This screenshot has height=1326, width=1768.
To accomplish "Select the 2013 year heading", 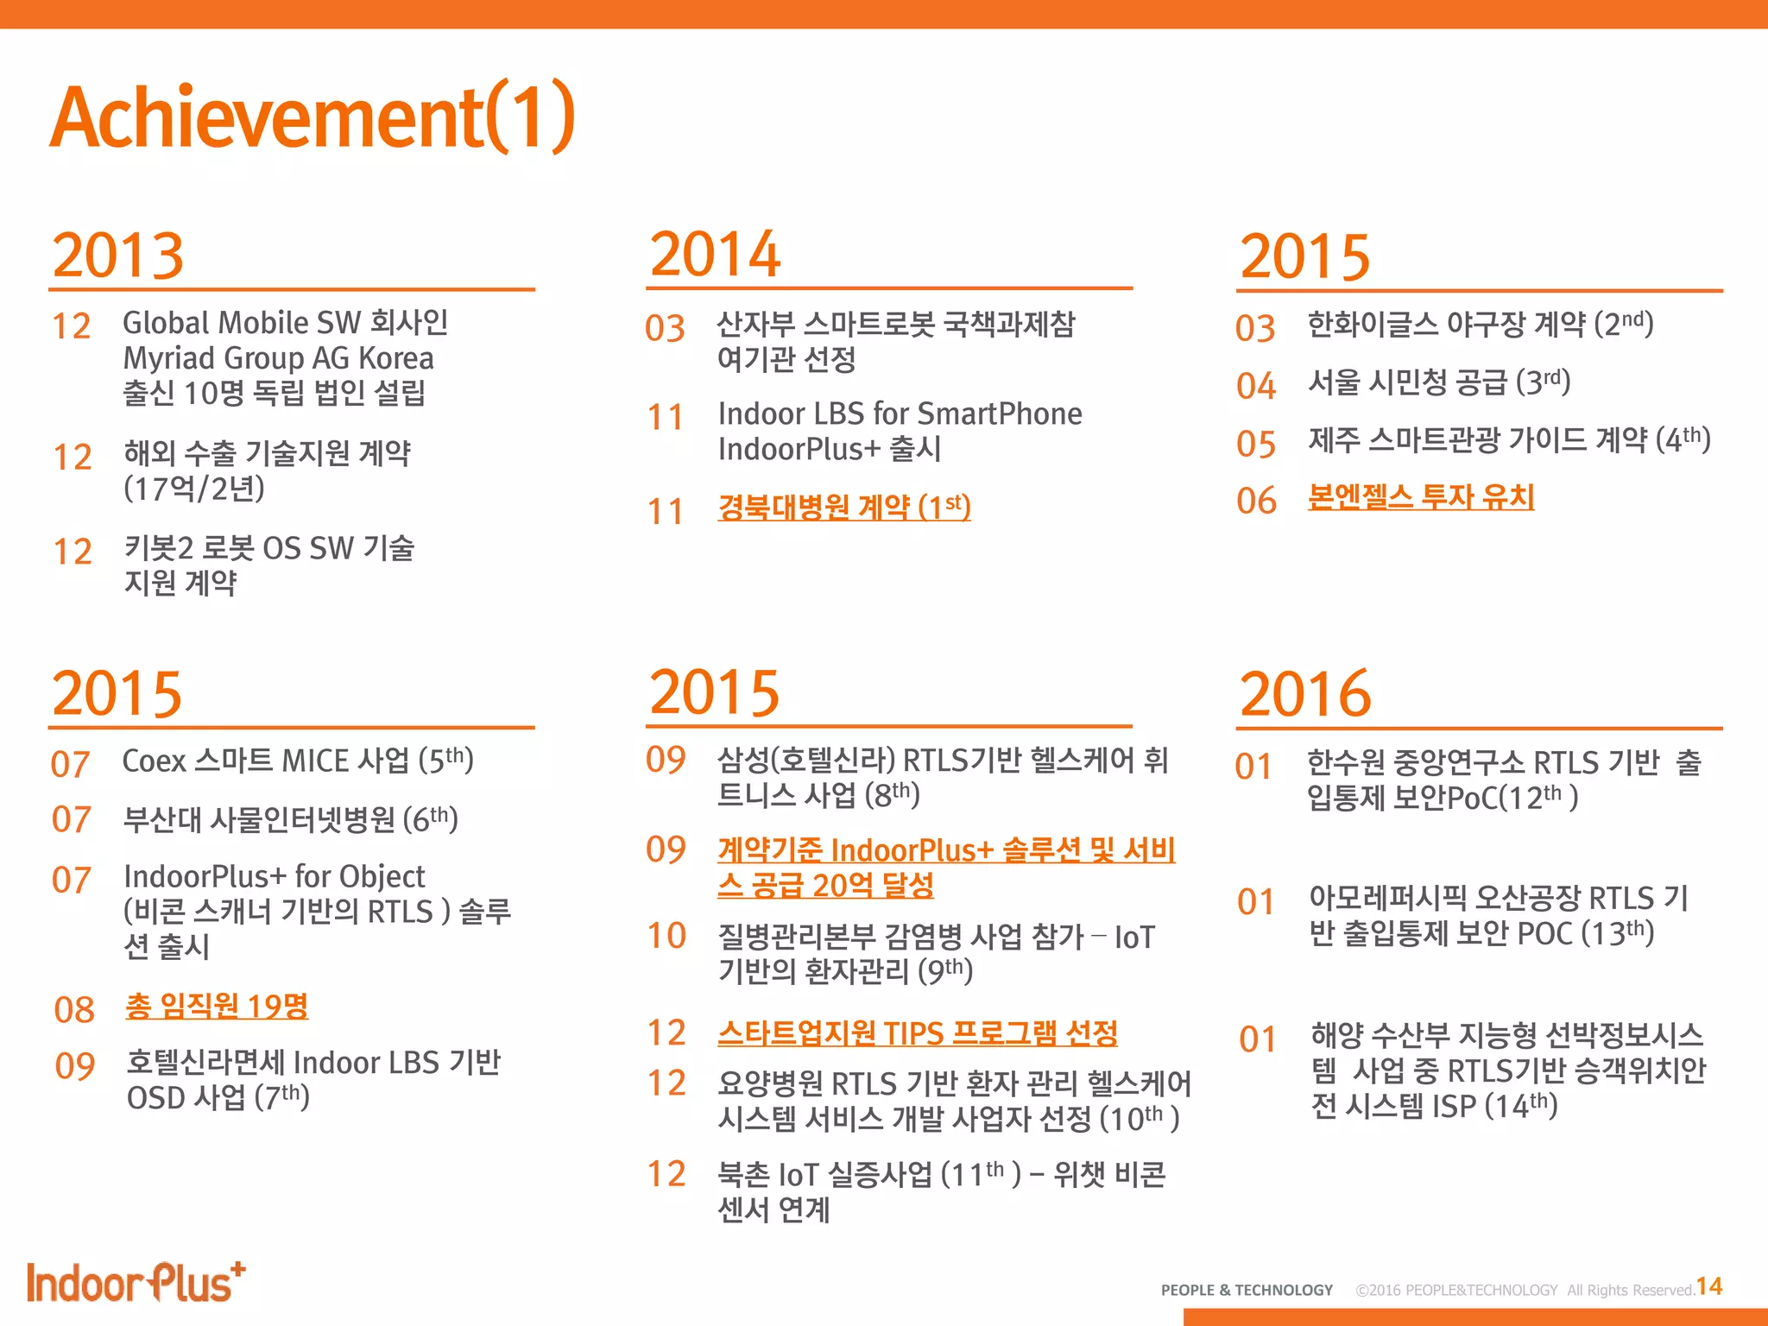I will pyautogui.click(x=118, y=256).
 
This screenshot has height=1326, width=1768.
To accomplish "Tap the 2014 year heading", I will pyautogui.click(x=715, y=255).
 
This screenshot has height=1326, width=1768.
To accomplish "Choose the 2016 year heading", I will pyautogui.click(x=1305, y=694).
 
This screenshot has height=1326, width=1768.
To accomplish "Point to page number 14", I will pyautogui.click(x=1709, y=1287).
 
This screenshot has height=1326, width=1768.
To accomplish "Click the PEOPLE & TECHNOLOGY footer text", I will pyautogui.click(x=1247, y=1291).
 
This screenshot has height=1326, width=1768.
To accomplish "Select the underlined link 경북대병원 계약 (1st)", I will pyautogui.click(x=843, y=507).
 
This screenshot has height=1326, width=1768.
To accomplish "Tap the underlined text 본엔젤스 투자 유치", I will pyautogui.click(x=1421, y=497).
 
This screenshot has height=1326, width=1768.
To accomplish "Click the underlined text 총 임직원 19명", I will pyautogui.click(x=217, y=1007).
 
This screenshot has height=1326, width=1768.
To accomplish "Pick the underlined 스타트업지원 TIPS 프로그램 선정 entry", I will pyautogui.click(x=917, y=1032).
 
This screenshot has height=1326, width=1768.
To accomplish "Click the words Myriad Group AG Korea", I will pyautogui.click(x=278, y=358).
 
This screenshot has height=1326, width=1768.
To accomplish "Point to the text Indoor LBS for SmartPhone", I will pyautogui.click(x=900, y=414).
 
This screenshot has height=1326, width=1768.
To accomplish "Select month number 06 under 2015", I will pyautogui.click(x=1256, y=501).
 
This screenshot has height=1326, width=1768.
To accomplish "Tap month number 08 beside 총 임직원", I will pyautogui.click(x=74, y=1010).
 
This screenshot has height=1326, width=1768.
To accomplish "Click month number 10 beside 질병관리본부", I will pyautogui.click(x=666, y=936).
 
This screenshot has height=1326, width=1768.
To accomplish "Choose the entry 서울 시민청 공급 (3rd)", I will pyautogui.click(x=1438, y=382).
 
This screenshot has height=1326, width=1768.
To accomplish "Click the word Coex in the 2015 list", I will pyautogui.click(x=155, y=761).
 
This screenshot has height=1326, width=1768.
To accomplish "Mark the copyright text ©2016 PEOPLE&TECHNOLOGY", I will pyautogui.click(x=1456, y=1291).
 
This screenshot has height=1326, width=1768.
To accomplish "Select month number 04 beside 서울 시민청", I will pyautogui.click(x=1256, y=386).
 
